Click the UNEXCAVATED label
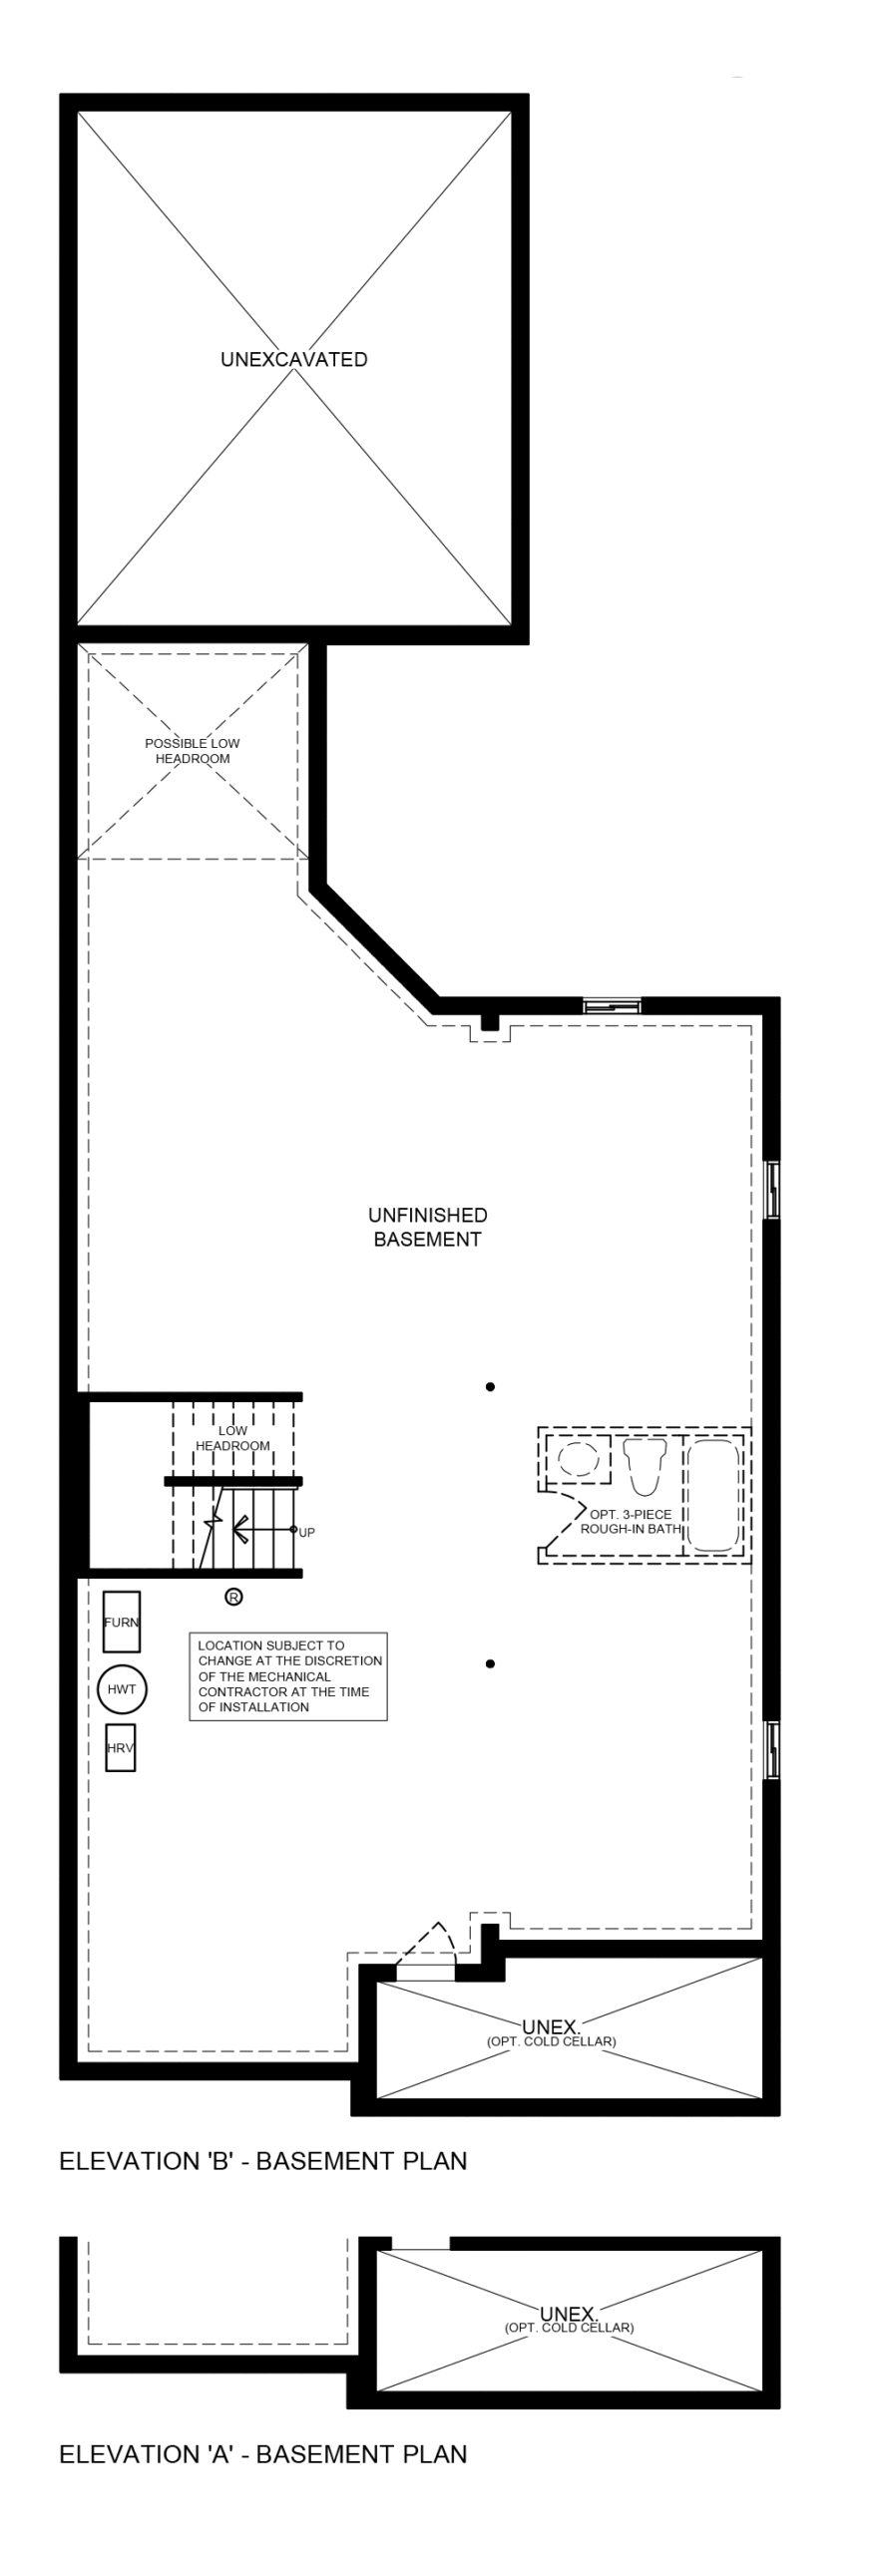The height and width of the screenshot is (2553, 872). [293, 360]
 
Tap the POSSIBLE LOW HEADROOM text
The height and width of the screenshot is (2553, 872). [193, 751]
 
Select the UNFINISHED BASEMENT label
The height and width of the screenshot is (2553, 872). [427, 1227]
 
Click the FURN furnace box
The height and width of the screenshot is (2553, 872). [122, 1622]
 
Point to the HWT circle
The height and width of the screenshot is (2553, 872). [122, 1689]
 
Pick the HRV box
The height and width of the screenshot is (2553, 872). [121, 1748]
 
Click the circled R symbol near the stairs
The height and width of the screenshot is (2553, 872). [233, 1597]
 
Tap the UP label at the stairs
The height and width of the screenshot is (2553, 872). [306, 1533]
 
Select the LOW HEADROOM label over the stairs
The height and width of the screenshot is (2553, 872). [232, 1438]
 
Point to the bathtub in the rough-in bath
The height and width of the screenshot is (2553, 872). [714, 1494]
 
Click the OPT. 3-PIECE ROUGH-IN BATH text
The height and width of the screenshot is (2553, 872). [631, 1521]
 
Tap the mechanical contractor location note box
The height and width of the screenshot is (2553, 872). [288, 1676]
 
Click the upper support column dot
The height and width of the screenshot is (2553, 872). [490, 1387]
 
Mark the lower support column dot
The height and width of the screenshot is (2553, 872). [490, 1663]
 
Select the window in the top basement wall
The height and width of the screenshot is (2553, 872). [612, 1005]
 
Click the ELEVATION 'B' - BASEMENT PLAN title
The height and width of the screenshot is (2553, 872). [263, 2161]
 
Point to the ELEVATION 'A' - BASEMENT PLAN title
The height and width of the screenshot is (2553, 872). [263, 2454]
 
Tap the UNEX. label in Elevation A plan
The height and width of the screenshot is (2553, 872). [569, 2314]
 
